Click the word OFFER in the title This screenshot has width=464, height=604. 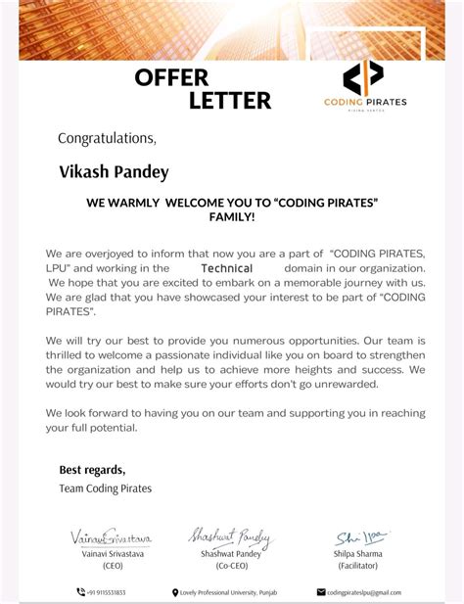[171, 77]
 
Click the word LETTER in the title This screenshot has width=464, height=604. [230, 100]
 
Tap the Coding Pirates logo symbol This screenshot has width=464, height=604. [362, 77]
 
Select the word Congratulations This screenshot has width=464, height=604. [106, 138]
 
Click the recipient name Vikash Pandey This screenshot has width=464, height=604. [114, 172]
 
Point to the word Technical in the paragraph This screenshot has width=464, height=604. [226, 268]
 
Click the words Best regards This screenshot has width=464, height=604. [92, 469]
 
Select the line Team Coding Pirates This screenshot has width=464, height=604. [106, 488]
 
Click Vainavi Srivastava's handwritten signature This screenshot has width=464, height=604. [111, 537]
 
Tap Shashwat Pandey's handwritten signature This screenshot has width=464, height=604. [231, 535]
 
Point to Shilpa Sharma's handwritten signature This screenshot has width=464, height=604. [360, 536]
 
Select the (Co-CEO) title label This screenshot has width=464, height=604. [231, 566]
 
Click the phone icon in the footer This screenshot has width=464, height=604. [80, 592]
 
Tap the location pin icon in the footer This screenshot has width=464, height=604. [175, 592]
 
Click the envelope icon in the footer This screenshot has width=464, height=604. [320, 592]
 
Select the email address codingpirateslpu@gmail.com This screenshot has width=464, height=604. [364, 592]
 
